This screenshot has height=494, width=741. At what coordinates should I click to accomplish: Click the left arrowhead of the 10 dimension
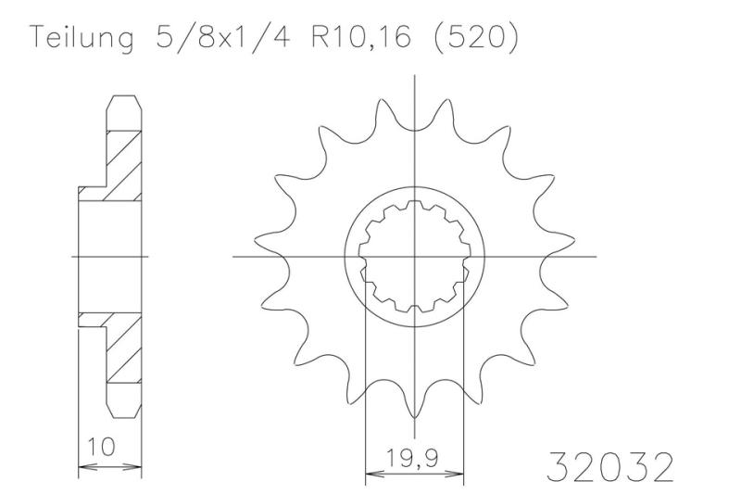coord(82,465)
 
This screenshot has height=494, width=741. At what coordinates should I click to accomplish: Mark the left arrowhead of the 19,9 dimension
coord(371,473)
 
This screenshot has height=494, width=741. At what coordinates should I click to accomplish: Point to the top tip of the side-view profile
coord(126,96)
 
